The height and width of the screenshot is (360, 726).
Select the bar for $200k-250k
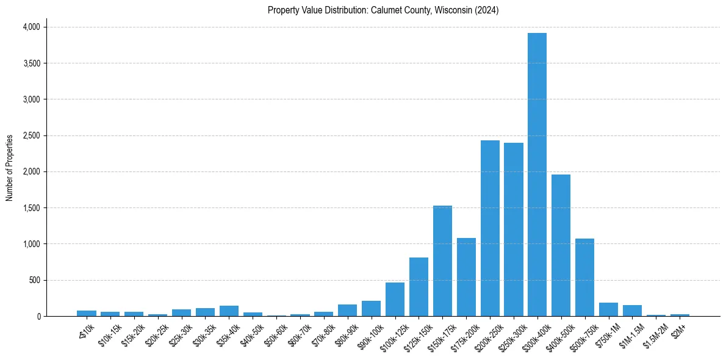pyautogui.click(x=490, y=228)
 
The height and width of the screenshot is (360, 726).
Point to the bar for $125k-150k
pyautogui.click(x=419, y=287)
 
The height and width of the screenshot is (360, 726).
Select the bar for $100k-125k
pyautogui.click(x=395, y=300)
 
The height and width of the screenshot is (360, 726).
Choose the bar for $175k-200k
pyautogui.click(x=466, y=277)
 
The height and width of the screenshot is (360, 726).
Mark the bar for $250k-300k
pyautogui.click(x=514, y=229)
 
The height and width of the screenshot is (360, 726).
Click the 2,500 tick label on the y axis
pyautogui.click(x=31, y=135)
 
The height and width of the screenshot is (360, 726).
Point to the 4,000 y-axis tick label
pyautogui.click(x=31, y=27)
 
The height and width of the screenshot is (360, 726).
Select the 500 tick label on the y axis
pyautogui.click(x=35, y=280)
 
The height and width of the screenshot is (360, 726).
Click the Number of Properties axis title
pyautogui.click(x=10, y=167)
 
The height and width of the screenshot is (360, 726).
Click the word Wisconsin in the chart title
pyautogui.click(x=451, y=10)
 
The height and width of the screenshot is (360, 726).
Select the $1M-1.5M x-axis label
pyautogui.click(x=630, y=334)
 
